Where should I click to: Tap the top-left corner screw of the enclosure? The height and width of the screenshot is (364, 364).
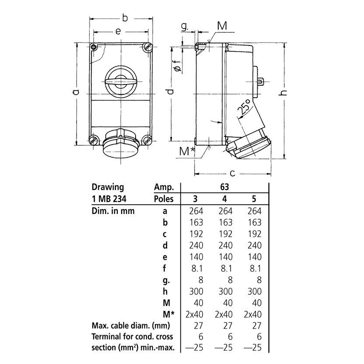click(x=93, y=47)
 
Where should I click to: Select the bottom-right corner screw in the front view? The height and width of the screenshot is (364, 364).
click(x=147, y=140)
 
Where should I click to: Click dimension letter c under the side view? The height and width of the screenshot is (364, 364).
click(x=233, y=173)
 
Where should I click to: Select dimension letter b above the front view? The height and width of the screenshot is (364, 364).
click(x=125, y=18)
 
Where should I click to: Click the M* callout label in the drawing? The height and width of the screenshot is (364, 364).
click(x=187, y=151)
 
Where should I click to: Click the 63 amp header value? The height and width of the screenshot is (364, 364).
click(x=225, y=186)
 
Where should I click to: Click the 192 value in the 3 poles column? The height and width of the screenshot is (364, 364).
click(x=196, y=234)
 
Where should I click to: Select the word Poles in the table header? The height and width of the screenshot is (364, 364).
click(x=164, y=199)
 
